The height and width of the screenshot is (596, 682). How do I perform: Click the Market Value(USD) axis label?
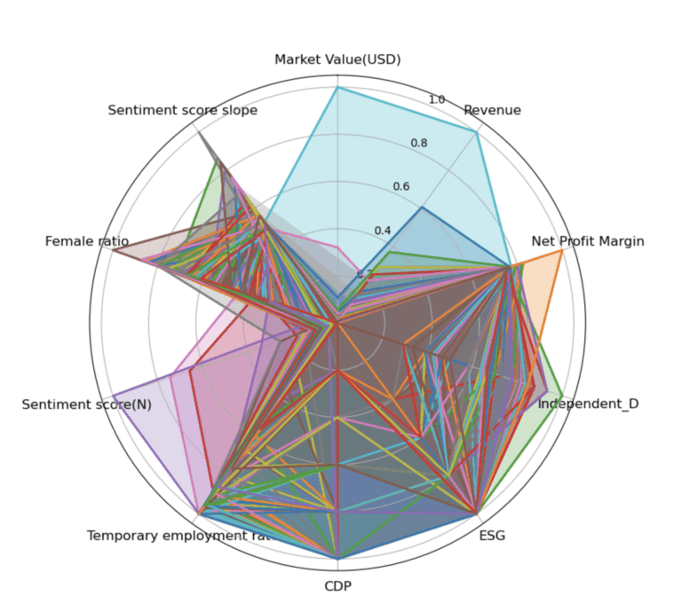(337, 60)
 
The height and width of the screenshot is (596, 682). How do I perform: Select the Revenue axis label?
(492, 111)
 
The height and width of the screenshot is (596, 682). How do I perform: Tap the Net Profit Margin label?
(587, 241)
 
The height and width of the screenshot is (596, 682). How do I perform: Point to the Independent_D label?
(589, 404)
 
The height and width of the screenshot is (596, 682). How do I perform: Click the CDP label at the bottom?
(337, 584)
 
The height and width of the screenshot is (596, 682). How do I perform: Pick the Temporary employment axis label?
(183, 536)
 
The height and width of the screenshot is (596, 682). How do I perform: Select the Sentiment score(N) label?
(86, 404)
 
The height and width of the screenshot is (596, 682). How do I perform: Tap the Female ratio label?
(87, 241)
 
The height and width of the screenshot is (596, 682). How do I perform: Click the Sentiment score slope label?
(183, 111)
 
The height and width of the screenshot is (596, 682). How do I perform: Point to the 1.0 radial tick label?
(437, 99)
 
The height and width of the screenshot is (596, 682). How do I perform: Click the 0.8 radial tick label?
(419, 143)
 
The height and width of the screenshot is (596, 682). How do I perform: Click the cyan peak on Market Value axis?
(337, 87)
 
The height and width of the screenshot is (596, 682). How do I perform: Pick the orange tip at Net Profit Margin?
(562, 251)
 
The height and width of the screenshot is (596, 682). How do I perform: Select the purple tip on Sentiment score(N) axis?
(113, 396)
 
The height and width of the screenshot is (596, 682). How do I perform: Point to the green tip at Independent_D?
(563, 395)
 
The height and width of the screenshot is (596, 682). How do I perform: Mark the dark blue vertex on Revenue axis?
(423, 208)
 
